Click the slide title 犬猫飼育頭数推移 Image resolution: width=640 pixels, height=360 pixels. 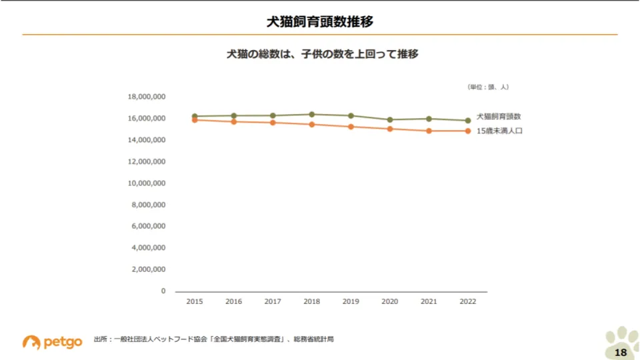point(319,21)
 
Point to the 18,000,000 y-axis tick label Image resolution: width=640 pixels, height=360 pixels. point(147,97)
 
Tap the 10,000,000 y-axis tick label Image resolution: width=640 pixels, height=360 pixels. point(147,183)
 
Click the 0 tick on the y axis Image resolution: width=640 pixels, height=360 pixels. point(163,291)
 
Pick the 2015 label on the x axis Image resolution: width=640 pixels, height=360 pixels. point(195,302)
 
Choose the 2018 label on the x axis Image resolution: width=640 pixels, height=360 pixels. point(311,302)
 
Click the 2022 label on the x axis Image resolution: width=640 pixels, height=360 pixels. point(468,302)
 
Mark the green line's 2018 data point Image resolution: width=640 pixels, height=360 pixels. point(311,114)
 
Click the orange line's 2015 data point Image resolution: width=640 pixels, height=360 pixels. point(195,120)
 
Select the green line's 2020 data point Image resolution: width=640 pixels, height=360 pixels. point(390,120)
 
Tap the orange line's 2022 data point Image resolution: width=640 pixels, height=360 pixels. point(468,131)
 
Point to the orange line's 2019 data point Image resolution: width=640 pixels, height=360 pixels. point(351,127)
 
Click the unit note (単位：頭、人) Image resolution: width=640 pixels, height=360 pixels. point(487,87)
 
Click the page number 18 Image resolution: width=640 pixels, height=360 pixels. point(620,352)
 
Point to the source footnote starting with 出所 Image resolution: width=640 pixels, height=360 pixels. point(213,339)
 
